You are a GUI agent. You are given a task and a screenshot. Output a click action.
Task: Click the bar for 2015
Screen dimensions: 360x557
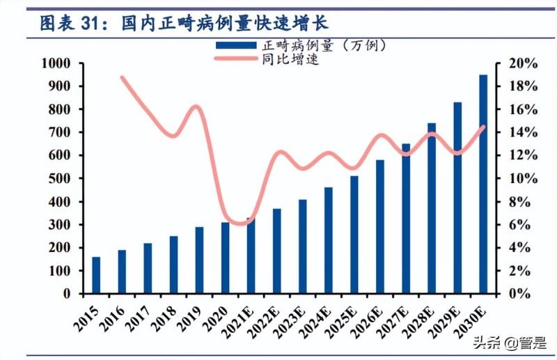click(96, 275)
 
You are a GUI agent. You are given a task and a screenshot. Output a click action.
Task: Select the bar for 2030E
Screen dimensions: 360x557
click(483, 184)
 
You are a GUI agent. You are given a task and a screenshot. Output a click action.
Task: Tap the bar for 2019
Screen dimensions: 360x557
click(199, 260)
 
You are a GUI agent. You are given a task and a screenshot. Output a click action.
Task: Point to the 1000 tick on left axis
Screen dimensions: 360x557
click(56, 63)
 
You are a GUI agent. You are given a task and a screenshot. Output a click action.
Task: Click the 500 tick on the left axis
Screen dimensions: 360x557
click(58, 179)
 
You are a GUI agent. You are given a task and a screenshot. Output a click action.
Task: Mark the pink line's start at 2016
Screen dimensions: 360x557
click(123, 77)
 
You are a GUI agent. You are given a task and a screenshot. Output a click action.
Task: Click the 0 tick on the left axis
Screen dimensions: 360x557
click(67, 294)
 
